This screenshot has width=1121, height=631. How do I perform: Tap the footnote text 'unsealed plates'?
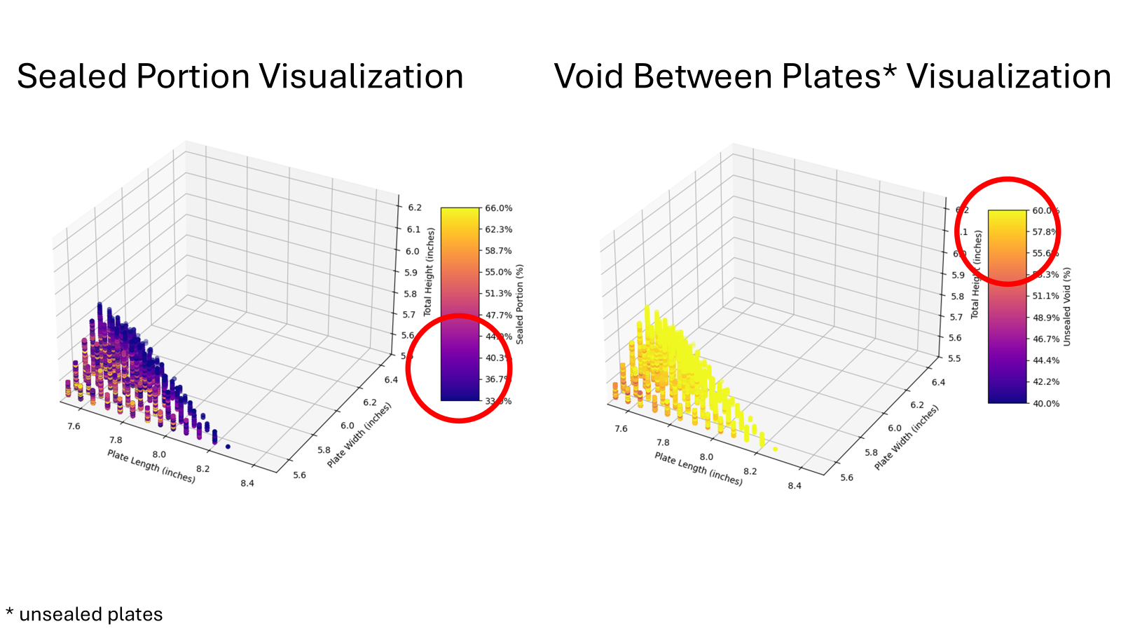coord(91,614)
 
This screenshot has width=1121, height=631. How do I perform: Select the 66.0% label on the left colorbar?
coord(499,208)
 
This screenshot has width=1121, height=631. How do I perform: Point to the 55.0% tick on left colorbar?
coord(498,272)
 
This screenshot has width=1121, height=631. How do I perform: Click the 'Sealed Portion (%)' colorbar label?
coord(520,304)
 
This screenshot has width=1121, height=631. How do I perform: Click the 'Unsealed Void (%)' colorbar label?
coord(1067,306)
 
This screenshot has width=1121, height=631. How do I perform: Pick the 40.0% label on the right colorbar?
coord(1046,403)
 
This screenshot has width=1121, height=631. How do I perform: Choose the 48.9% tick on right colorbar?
coord(1046,318)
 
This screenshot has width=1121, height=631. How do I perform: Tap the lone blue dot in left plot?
coord(228,447)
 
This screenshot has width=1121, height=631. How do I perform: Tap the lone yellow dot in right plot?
coord(775,449)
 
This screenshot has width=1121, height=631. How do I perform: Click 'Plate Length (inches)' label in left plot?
coord(151,466)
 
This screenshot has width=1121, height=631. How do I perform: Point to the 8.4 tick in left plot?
coord(247,483)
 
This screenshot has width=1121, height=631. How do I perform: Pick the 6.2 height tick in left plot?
coord(415,208)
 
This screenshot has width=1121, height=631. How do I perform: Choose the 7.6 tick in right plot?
coord(621,428)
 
